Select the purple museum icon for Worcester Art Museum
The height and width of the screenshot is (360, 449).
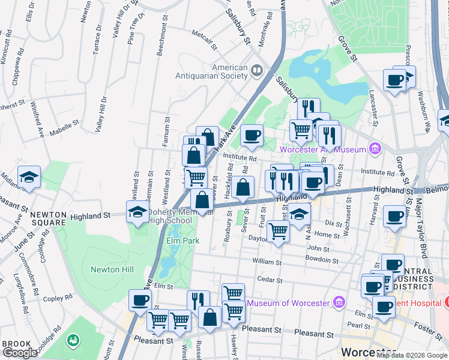pos(375,148)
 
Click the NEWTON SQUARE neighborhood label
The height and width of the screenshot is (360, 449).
pos(48,218)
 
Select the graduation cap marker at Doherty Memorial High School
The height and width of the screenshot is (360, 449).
pos(137,211)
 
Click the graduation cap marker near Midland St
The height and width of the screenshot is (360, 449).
pos(29,177)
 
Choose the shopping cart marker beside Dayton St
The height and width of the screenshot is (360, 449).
pos(278,230)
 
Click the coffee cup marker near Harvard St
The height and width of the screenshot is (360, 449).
pos(394,216)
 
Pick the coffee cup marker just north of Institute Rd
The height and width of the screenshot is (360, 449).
pos(252,135)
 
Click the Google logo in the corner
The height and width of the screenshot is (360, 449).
pos(20,353)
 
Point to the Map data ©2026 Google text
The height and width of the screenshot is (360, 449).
pos(412,355)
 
